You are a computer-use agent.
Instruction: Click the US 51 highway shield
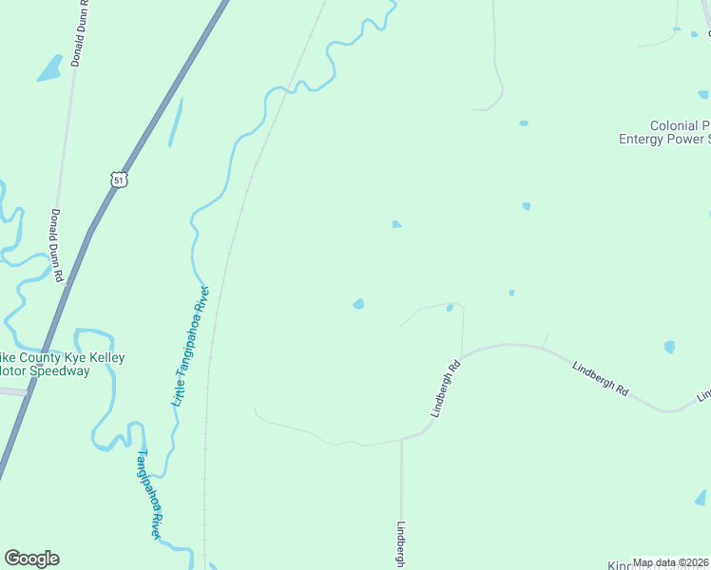point(118,179)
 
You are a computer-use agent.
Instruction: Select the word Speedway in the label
point(58,371)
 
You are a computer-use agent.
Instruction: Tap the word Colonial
point(675,125)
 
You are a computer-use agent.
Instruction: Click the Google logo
point(31,559)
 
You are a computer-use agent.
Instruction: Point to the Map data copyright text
point(671,562)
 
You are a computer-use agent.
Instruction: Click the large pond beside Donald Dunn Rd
point(49,67)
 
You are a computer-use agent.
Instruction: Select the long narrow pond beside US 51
point(176,122)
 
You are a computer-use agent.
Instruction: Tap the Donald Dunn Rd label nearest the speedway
point(57,244)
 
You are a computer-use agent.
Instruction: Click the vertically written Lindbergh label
point(402,544)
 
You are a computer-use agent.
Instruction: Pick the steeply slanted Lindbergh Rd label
point(444,389)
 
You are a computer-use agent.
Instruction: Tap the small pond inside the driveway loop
point(450,308)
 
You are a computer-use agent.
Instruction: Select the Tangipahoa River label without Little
point(148,493)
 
